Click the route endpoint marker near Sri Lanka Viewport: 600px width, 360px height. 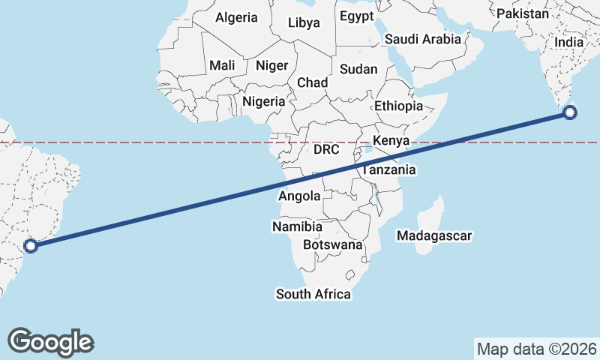(x=570, y=113)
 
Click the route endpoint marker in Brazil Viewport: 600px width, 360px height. (x=31, y=245)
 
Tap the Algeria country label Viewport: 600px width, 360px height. (x=236, y=17)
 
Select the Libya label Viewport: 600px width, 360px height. (x=304, y=22)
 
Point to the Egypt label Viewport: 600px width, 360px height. (x=356, y=16)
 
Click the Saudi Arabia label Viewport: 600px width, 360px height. (x=422, y=39)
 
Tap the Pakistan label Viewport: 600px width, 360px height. (x=522, y=13)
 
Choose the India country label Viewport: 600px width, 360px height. (x=568, y=43)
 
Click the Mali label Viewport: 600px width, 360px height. (x=222, y=65)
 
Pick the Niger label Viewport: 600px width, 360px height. (x=271, y=65)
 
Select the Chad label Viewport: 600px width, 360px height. (x=312, y=82)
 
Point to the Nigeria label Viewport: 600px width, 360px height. (x=264, y=101)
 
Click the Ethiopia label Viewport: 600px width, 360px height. (x=398, y=106)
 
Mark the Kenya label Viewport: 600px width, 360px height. (x=390, y=140)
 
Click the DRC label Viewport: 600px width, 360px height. (x=326, y=149)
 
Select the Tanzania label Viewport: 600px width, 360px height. (x=388, y=170)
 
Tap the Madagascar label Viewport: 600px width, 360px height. (x=434, y=236)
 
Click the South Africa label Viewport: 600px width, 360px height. (x=313, y=294)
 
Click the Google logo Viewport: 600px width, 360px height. (x=50, y=342)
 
